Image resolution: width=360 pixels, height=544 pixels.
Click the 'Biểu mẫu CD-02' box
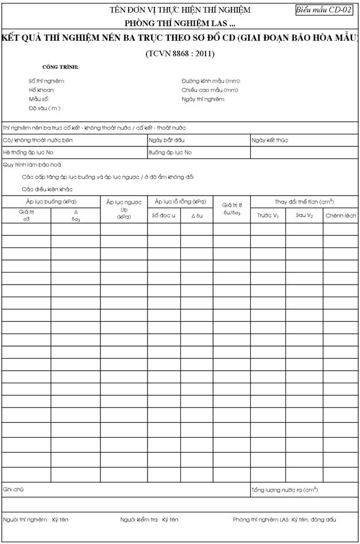(x=324, y=10)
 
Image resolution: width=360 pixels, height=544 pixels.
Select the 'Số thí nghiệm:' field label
(x=47, y=81)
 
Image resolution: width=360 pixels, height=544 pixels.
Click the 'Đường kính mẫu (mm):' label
(x=211, y=81)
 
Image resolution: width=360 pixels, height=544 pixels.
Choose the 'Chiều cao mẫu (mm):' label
(x=210, y=90)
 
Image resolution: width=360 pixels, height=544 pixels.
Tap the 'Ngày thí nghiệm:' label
(x=203, y=99)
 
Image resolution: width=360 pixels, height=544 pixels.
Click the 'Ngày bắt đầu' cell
(x=167, y=140)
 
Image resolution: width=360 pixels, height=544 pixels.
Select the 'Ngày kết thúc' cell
(x=270, y=140)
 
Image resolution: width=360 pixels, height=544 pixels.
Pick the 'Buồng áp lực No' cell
(x=170, y=153)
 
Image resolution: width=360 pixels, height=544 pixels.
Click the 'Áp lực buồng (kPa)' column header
(x=52, y=201)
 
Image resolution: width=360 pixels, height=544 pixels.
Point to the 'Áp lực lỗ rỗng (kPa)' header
(x=180, y=201)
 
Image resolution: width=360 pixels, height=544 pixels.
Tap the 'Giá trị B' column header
(x=232, y=205)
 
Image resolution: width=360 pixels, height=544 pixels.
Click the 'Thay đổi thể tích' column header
(x=304, y=201)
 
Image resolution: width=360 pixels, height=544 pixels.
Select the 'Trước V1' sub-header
(x=268, y=216)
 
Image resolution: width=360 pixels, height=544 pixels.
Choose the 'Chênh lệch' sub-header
(x=341, y=216)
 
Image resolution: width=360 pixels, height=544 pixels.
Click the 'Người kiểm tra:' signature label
(x=139, y=519)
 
